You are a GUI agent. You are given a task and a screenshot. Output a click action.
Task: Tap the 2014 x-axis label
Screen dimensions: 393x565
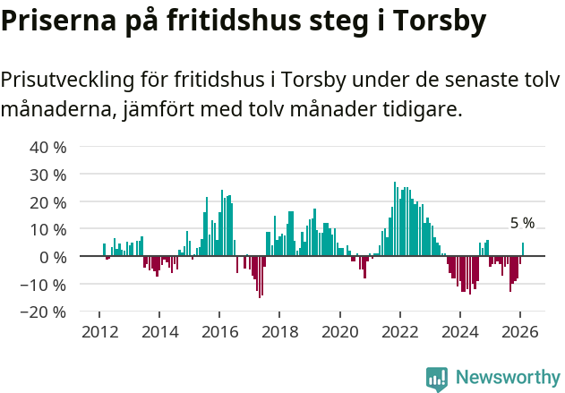coord(158,331)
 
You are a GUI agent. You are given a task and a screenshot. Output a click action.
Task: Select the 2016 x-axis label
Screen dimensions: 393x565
coord(218,331)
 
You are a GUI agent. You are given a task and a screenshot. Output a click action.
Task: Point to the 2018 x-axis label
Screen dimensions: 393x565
coord(278,331)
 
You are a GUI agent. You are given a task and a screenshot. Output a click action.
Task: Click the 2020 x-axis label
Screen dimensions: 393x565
coord(339,331)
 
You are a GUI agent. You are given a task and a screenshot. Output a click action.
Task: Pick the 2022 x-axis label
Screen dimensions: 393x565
coord(399,331)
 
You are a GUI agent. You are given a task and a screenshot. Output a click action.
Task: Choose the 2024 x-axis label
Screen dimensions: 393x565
coord(459,331)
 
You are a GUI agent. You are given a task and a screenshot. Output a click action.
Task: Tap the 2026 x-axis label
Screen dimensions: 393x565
coord(519,331)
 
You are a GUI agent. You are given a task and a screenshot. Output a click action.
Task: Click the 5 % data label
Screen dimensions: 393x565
coord(522,223)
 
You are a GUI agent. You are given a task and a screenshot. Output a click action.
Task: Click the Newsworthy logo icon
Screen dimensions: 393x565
coord(437,379)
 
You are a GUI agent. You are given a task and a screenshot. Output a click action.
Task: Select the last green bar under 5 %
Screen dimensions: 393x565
coord(523,250)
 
